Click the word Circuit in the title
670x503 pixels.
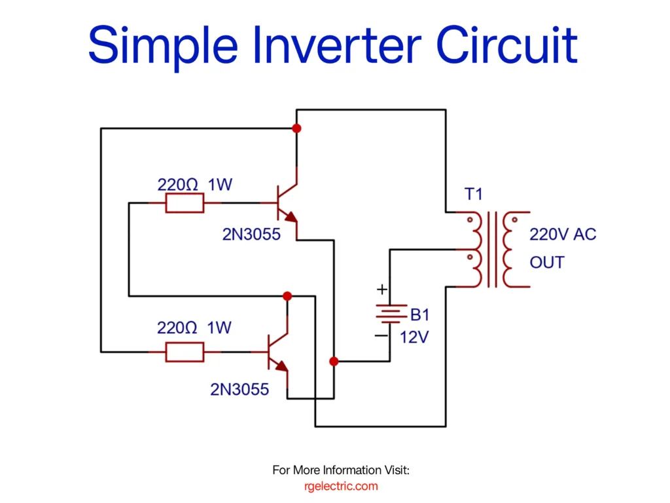pos(506,45)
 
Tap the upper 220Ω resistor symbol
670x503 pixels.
pos(184,204)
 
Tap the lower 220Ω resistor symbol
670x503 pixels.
pos(184,352)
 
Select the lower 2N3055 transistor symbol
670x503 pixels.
pos(277,352)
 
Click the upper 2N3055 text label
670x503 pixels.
pos(251,234)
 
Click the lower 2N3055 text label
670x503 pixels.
pos(239,389)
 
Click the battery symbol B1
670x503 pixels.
pos(389,315)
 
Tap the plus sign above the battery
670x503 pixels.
pos(382,289)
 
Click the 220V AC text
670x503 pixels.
pos(563,234)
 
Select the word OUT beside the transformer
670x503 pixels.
pos(546,263)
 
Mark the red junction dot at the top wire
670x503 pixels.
pos(296,128)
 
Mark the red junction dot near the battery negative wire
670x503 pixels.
pos(334,361)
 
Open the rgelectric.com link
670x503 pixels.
pos(341,486)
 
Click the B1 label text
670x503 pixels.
pos(420,315)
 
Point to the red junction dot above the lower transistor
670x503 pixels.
pos(287,296)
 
